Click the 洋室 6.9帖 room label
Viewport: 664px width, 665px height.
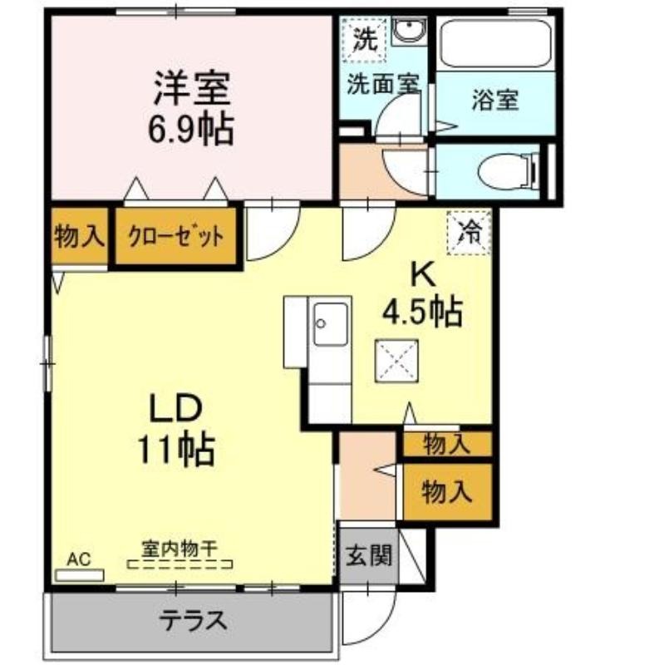click(x=191, y=108)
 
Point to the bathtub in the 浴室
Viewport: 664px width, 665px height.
click(x=495, y=42)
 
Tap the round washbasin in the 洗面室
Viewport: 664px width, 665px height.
click(x=409, y=30)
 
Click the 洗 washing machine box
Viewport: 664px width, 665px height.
click(x=365, y=39)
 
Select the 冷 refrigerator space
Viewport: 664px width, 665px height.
click(x=469, y=233)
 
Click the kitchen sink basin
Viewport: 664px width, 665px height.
click(x=331, y=324)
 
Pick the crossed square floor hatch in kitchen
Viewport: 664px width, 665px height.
click(x=396, y=361)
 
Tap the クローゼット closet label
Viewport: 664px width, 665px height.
click(x=175, y=237)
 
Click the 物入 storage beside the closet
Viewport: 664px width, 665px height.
click(x=79, y=236)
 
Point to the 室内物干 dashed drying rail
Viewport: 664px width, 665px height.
click(x=180, y=564)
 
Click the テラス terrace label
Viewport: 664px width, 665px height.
click(x=194, y=620)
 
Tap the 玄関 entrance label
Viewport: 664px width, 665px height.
click(x=368, y=555)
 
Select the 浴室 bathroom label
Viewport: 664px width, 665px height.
click(x=495, y=100)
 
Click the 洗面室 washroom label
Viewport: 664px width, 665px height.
click(x=383, y=84)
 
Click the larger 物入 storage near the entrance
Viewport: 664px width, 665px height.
click(x=447, y=492)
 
